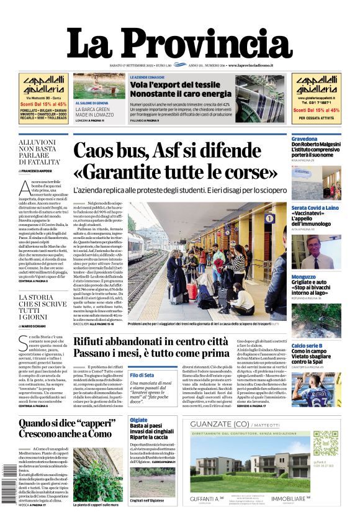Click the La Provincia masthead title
click(179, 44)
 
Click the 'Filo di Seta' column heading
click(142, 376)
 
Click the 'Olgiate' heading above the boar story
click(138, 420)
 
